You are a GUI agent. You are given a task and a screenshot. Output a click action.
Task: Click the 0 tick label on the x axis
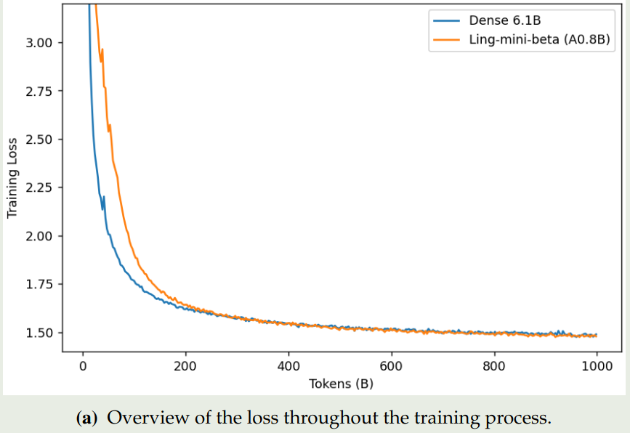point(83,365)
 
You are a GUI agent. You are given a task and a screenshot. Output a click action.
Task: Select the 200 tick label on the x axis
point(185,365)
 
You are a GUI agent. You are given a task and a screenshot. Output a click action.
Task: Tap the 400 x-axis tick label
point(288,365)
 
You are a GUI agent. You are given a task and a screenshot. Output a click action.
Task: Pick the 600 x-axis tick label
point(391,365)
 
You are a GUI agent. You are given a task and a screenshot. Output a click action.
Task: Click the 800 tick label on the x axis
point(494,365)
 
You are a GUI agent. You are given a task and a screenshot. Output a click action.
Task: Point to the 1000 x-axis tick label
point(597,365)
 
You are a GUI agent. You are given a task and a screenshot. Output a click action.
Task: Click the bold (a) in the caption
point(87,418)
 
